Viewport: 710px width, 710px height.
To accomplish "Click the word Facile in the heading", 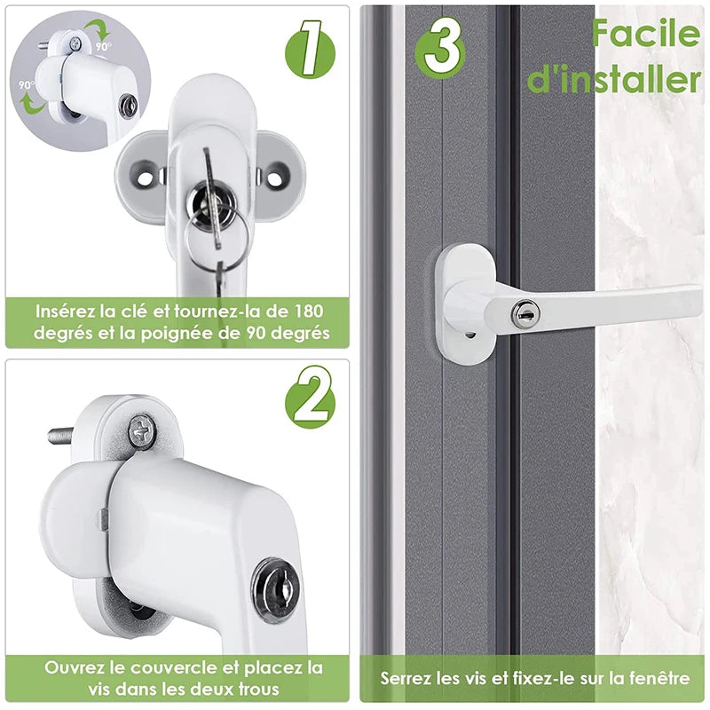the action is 646,33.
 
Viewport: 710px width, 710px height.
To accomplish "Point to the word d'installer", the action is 614,78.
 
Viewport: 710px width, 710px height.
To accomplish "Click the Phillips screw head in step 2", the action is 142,431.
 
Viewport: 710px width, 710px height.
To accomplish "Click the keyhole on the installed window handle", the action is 525,312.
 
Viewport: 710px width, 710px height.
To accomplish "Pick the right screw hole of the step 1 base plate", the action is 276,175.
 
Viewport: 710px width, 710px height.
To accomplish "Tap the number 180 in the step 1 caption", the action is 308,312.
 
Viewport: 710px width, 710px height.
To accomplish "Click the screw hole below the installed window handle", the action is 469,335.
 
